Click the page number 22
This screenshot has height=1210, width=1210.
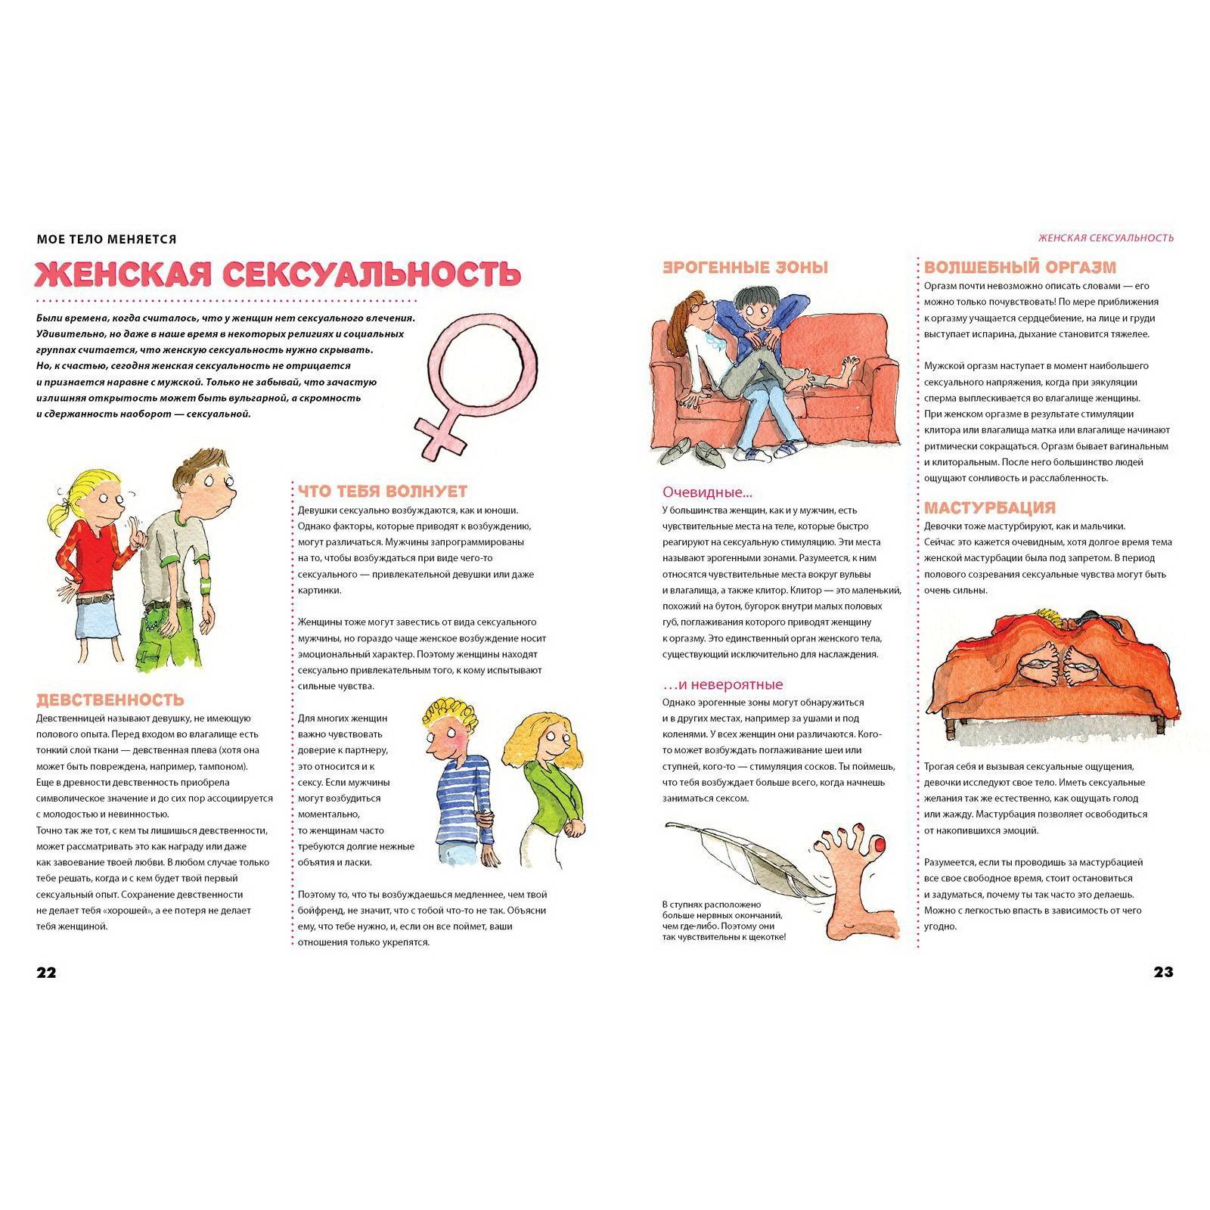[x=46, y=973]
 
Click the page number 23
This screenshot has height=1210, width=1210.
[x=1163, y=973]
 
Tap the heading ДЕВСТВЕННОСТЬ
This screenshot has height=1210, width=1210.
[x=110, y=700]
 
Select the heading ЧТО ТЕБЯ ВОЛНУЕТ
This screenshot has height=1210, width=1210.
[x=383, y=492]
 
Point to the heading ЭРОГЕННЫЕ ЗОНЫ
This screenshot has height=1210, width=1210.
[x=745, y=268]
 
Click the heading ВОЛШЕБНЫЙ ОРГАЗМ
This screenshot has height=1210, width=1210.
[x=1020, y=268]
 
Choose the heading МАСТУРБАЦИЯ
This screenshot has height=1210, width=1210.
[x=989, y=507]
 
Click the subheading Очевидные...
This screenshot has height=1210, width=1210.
[x=707, y=492]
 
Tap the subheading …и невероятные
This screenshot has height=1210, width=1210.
[x=722, y=685]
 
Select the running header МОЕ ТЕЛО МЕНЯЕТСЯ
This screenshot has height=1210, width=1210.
[x=107, y=239]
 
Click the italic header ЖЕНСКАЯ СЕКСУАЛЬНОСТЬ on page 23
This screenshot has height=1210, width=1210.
[x=1106, y=237]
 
